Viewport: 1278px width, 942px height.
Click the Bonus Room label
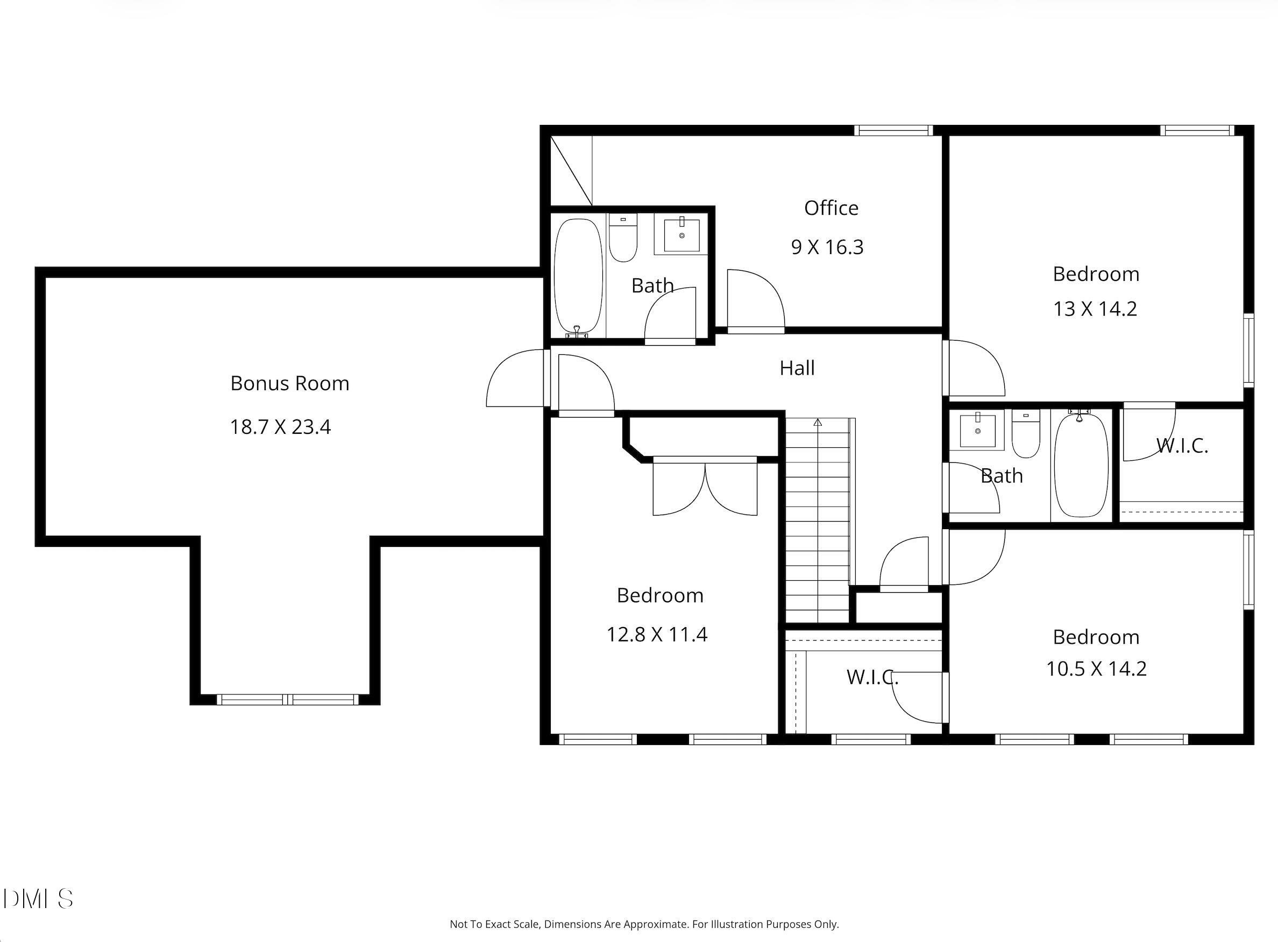289,383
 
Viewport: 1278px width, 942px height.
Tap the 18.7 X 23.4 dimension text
280,427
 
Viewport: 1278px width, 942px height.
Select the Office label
830,208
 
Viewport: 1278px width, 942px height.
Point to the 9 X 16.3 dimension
827,248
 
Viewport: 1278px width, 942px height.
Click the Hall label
797,368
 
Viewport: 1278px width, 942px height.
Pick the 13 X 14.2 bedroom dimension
1095,309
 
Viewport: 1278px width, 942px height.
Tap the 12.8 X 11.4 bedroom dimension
656,635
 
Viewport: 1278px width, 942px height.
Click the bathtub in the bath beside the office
578,278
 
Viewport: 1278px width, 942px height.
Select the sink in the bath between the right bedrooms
978,430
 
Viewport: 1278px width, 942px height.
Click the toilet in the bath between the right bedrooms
1026,433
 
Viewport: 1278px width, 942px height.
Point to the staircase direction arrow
818,423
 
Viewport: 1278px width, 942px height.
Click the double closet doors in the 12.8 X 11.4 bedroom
705,486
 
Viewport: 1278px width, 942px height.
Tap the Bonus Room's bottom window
288,700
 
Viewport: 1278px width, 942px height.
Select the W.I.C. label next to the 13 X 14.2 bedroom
1182,446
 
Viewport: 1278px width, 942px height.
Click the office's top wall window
893,131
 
